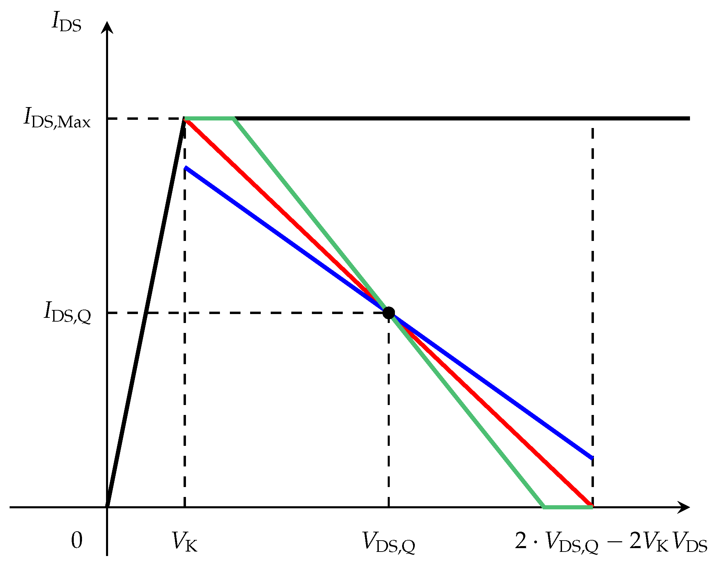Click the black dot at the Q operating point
click(388, 313)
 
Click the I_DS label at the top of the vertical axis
click(67, 23)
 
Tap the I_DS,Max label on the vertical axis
click(57, 118)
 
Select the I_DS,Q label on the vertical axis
click(67, 313)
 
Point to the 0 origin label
click(77, 541)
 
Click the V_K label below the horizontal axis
click(185, 542)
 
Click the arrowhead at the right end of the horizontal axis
click(684, 507)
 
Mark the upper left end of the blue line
click(185, 168)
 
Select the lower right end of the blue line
click(592, 458)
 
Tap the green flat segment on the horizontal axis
click(568, 507)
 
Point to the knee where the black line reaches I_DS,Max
click(185, 119)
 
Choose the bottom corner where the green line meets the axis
click(544, 506)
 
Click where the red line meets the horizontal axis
click(592, 506)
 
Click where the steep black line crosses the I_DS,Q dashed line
click(146, 313)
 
